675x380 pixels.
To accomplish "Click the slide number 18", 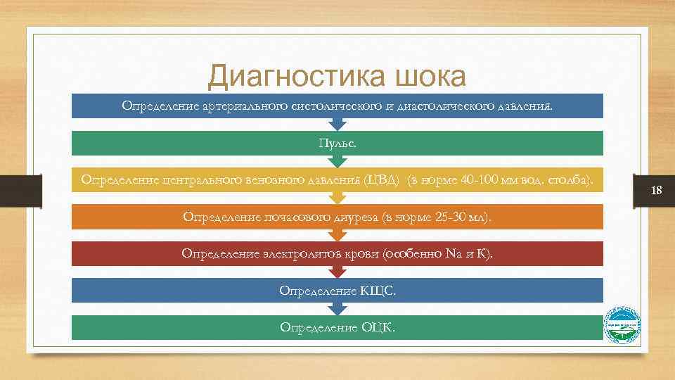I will coord(657,191).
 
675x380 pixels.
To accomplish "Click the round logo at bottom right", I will coord(623,326).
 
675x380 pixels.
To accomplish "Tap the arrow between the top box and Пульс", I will coord(337,125).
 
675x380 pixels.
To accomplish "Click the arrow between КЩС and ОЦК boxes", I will coord(337,308).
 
